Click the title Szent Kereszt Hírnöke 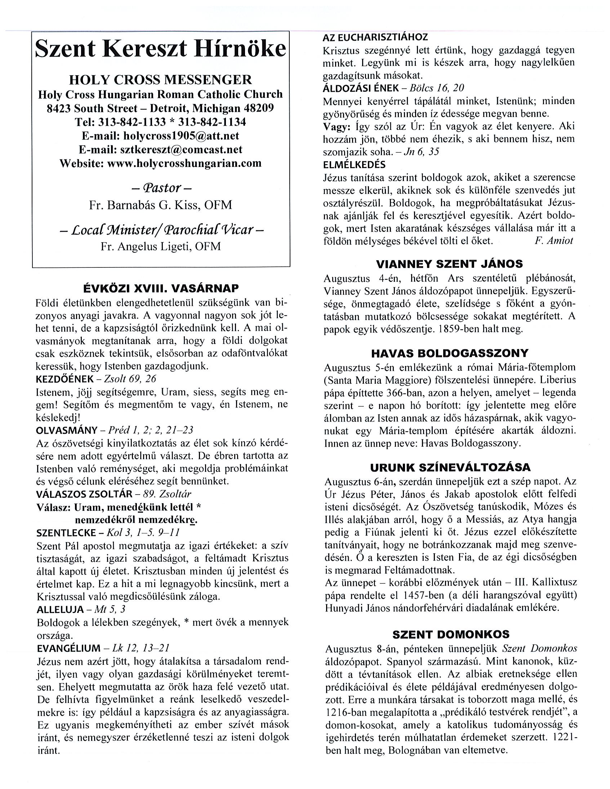tap(161, 49)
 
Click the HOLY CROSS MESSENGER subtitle tap(161, 80)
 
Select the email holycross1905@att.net tap(181, 135)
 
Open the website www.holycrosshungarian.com tap(184, 163)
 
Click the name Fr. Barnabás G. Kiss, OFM tap(161, 205)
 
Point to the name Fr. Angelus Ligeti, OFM tap(161, 246)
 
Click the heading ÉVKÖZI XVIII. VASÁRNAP tap(161, 288)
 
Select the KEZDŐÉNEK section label tap(65, 379)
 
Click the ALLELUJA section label tap(60, 609)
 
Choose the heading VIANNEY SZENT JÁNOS tap(449, 264)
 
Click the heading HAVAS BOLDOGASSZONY tap(450, 353)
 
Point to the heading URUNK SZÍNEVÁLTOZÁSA tap(450, 467)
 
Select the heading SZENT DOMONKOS tap(451, 634)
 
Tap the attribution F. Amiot tap(553, 241)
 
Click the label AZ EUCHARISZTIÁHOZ tap(375, 37)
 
